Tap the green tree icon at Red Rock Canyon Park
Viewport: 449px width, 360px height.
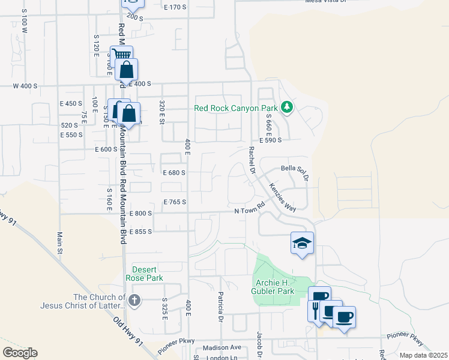288,107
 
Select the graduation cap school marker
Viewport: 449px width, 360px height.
303,243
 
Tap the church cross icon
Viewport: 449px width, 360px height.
134,301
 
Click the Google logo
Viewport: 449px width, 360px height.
20,353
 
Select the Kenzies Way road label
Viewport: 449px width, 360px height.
282,197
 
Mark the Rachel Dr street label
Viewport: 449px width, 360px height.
252,161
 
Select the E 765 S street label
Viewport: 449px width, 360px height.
174,202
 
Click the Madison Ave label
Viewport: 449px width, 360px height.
221,347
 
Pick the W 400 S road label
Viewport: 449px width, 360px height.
25,86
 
